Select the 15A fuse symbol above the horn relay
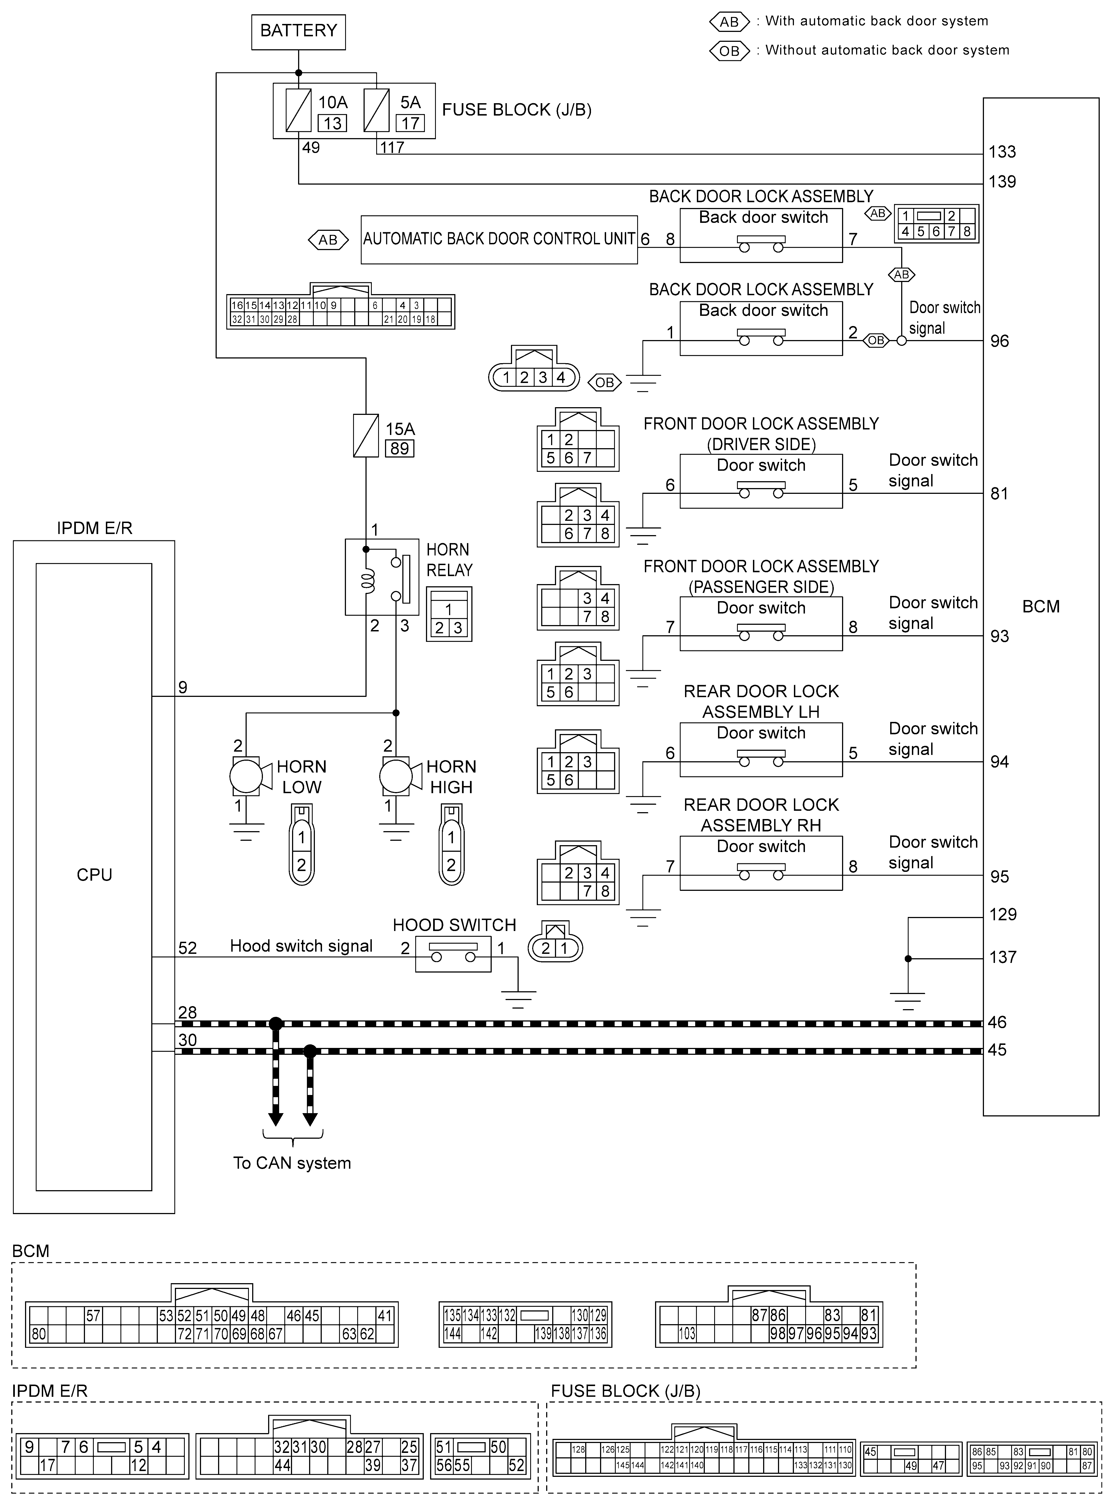366,435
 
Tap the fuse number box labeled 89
400,449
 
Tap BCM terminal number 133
1002,152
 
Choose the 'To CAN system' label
292,1163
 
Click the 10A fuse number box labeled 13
332,123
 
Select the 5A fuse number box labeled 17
410,123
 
